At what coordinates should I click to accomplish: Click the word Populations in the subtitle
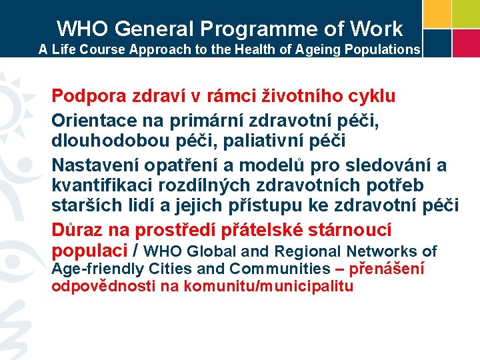point(384,49)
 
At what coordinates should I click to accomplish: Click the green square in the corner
point(467,13)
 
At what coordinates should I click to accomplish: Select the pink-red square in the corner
point(467,43)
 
